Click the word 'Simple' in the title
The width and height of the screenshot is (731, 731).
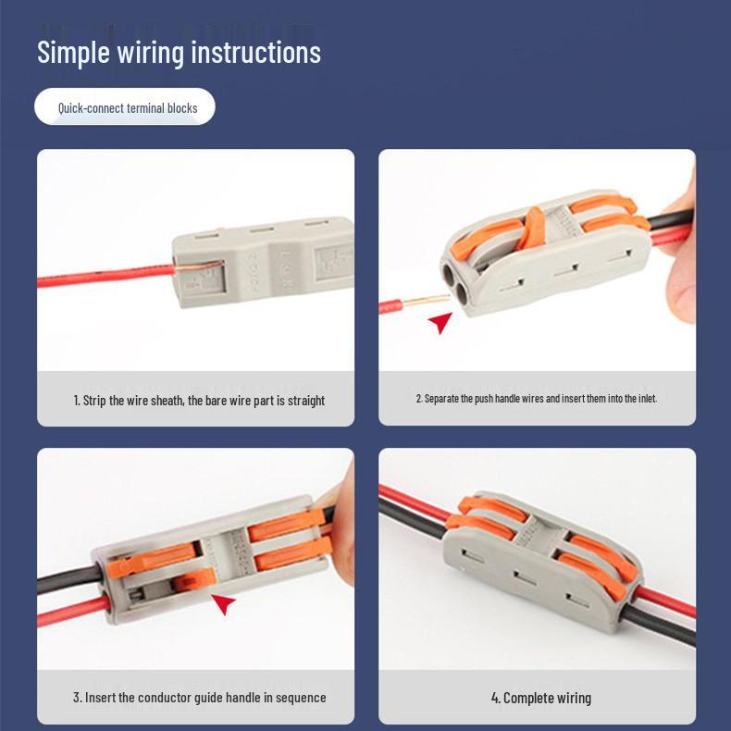pyautogui.click(x=73, y=53)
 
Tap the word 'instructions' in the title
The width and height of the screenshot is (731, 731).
pyautogui.click(x=255, y=52)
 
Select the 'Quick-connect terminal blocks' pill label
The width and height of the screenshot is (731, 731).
pyautogui.click(x=127, y=108)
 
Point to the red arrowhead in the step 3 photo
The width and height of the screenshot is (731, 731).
pyautogui.click(x=224, y=603)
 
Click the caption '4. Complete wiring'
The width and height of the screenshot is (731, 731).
pyautogui.click(x=540, y=698)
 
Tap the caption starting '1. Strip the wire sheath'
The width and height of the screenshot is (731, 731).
pyautogui.click(x=199, y=401)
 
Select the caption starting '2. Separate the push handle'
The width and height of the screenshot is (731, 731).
pyautogui.click(x=536, y=398)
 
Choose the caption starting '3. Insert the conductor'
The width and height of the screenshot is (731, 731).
pyautogui.click(x=199, y=698)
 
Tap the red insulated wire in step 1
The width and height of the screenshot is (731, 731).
pyautogui.click(x=102, y=277)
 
